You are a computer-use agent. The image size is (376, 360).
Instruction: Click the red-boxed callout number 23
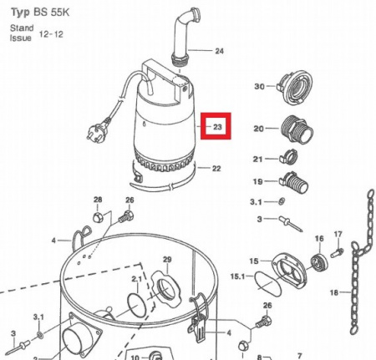coord(217,127)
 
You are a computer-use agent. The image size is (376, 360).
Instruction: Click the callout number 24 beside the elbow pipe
coord(220,51)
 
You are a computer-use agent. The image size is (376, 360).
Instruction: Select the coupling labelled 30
coord(295,87)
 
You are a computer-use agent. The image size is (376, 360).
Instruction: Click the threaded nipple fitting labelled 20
coord(297,129)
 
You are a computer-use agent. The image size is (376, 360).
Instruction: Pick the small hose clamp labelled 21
coord(288,157)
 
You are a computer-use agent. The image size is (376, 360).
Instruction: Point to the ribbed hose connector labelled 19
coord(294,182)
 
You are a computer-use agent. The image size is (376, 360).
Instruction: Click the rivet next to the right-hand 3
coord(291,224)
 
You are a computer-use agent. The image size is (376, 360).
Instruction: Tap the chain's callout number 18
coord(334,292)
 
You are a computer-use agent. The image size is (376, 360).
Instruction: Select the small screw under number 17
coord(337,252)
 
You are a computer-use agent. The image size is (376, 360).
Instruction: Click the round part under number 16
coord(319,261)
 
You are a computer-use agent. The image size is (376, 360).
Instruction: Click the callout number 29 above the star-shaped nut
coord(167,260)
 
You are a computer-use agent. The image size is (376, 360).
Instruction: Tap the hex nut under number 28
coord(98,217)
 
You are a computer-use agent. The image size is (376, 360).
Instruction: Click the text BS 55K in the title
coord(52,13)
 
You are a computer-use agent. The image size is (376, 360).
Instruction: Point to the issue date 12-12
coord(51,34)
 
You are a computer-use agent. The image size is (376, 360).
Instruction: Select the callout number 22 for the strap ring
coord(216,169)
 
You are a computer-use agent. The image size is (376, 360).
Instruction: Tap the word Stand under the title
coord(22,28)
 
